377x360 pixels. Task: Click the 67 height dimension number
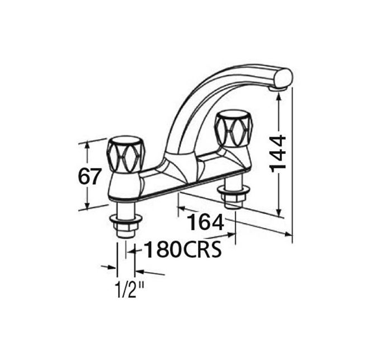[89, 176]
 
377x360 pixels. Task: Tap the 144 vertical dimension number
[278, 153]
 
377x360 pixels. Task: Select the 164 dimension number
[205, 222]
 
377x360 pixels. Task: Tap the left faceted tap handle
[126, 155]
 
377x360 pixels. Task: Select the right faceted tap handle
[233, 129]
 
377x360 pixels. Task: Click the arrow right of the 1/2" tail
[140, 272]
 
